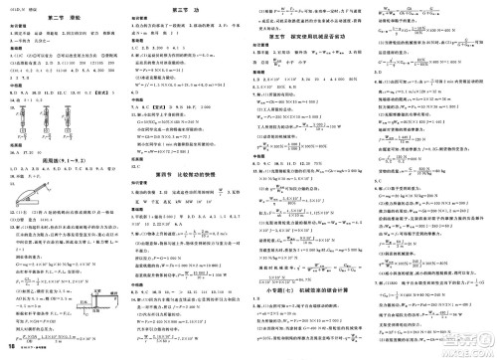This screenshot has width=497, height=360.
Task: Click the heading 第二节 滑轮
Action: click(64, 21)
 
